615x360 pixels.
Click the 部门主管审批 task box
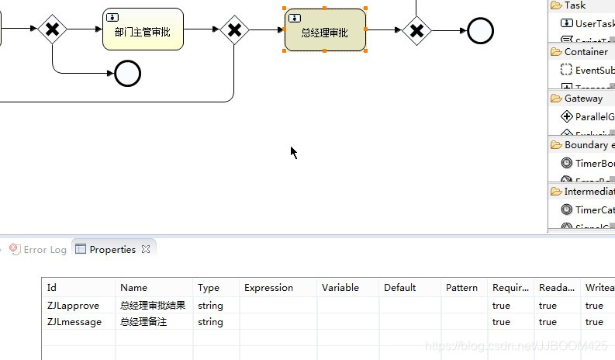point(143,29)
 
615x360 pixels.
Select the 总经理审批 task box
point(325,30)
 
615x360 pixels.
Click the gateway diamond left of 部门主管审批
point(52,29)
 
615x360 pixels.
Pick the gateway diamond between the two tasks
point(233,30)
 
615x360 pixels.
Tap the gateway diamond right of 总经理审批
point(416,31)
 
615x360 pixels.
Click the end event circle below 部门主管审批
point(127,74)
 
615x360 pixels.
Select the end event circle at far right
point(480,31)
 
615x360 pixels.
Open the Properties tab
point(112,250)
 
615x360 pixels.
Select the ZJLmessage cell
point(74,322)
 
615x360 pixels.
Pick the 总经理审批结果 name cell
point(153,306)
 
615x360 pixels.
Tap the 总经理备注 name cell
point(143,322)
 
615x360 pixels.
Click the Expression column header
point(268,288)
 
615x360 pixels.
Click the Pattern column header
point(461,288)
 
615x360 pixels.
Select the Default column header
point(399,288)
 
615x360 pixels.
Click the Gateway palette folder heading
point(582,99)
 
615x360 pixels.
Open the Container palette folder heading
point(586,52)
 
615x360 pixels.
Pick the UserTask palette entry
point(593,23)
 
